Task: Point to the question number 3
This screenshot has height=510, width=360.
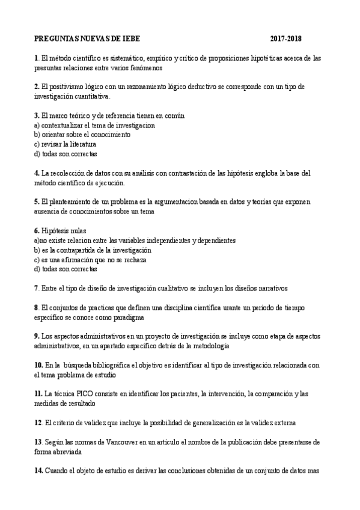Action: click(x=37, y=115)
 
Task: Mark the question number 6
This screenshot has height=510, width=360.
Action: click(x=37, y=230)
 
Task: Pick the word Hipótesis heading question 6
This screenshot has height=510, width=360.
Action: click(x=56, y=230)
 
